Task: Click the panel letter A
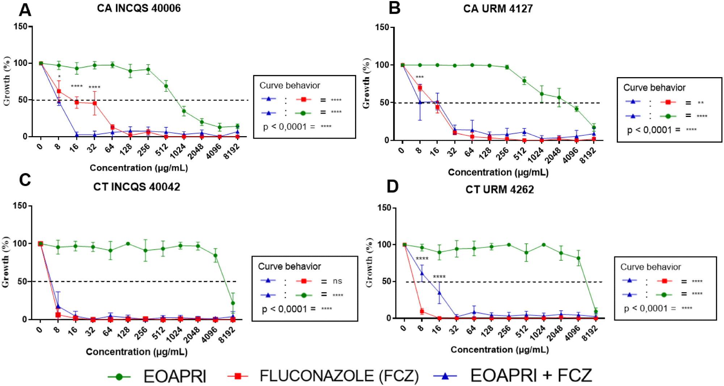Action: [x=25, y=10]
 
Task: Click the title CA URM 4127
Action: [x=498, y=9]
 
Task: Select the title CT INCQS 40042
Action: [x=136, y=187]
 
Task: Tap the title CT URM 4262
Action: [x=500, y=189]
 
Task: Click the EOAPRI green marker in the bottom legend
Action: [x=119, y=377]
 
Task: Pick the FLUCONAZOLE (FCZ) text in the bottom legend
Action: [x=339, y=376]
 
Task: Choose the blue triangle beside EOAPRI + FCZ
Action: [x=445, y=376]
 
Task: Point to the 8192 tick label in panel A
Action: [x=232, y=151]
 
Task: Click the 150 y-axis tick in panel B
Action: [x=382, y=28]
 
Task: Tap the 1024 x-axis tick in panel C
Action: [x=174, y=334]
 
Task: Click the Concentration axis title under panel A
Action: [x=139, y=168]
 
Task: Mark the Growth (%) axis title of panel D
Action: [x=369, y=263]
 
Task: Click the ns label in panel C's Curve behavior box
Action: [x=337, y=281]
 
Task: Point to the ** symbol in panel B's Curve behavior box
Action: [x=701, y=103]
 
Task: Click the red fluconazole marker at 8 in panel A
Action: [x=59, y=91]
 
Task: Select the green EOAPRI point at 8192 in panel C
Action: [x=233, y=303]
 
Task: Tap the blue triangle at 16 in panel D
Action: [x=439, y=293]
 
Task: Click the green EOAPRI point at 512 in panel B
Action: [x=524, y=81]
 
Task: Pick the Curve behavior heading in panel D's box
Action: [x=651, y=267]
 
